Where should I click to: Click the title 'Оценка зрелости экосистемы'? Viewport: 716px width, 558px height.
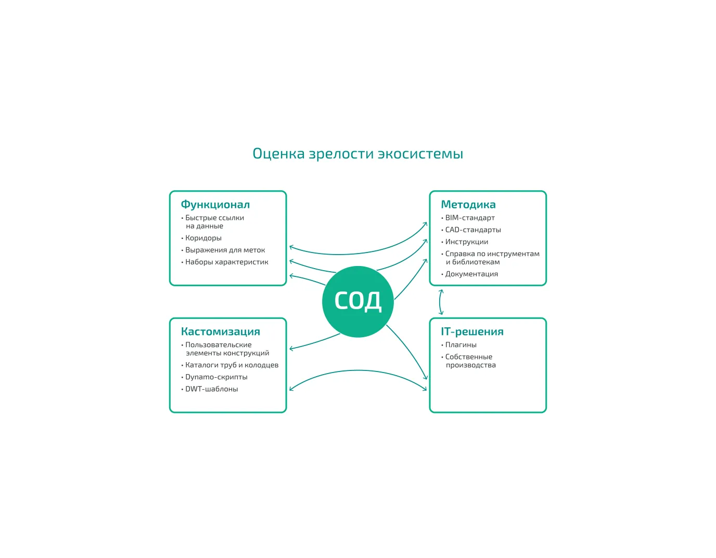(x=357, y=154)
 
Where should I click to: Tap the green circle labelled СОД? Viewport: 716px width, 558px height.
(x=357, y=301)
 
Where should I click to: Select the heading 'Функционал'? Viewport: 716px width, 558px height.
(x=215, y=205)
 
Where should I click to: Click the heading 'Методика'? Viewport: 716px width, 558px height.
(x=468, y=205)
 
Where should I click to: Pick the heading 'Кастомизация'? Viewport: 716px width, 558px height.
(x=220, y=331)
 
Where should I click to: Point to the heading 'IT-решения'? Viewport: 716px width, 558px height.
(x=472, y=331)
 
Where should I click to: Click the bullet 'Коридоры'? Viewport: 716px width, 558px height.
(x=203, y=238)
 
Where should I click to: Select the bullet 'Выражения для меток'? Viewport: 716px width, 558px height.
(x=225, y=250)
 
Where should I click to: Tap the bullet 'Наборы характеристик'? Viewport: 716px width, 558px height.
(x=226, y=262)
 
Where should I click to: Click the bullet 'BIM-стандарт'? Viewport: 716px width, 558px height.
(x=469, y=218)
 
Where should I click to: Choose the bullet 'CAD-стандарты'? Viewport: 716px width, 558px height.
(x=472, y=230)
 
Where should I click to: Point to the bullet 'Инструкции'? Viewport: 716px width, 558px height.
(x=466, y=242)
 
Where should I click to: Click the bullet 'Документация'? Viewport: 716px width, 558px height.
(x=471, y=274)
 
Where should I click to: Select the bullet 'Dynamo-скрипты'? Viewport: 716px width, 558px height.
(x=216, y=377)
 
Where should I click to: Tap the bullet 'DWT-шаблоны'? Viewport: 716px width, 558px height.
(x=211, y=389)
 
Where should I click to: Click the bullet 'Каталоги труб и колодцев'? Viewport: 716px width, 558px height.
(x=232, y=365)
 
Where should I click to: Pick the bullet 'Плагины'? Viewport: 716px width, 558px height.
(x=461, y=344)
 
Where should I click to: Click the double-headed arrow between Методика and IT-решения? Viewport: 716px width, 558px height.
(x=441, y=302)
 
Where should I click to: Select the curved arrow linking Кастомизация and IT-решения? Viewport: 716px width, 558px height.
(x=357, y=370)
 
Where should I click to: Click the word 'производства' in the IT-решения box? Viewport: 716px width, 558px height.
(x=470, y=365)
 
